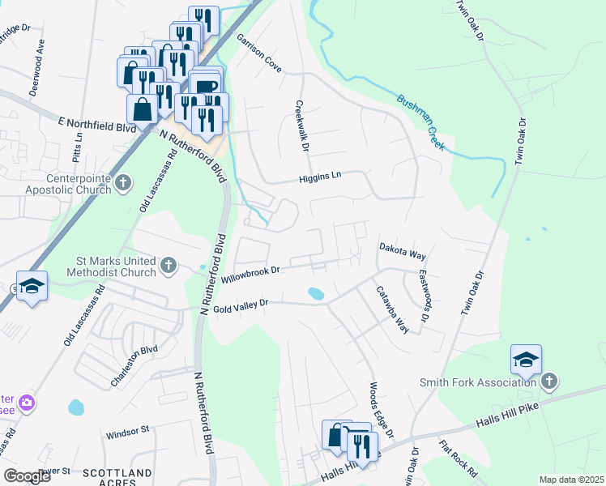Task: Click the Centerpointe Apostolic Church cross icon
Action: pos(123,183)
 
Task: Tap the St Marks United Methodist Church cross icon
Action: pos(168,265)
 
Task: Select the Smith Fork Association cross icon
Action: pos(549,382)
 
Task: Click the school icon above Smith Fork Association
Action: pos(526,360)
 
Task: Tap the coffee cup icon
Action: pos(206,85)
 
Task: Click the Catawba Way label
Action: pos(390,309)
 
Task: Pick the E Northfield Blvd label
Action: pos(96,125)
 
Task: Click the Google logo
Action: pos(27,476)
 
